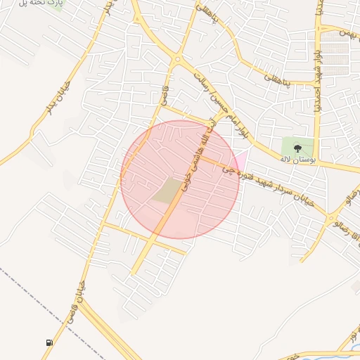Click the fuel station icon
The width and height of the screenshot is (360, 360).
click(49, 342)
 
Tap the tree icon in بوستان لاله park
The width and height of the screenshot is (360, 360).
click(297, 148)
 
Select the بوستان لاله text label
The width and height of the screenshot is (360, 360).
click(295, 160)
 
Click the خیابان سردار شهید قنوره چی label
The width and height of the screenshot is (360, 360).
click(274, 187)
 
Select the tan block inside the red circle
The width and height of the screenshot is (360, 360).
click(167, 191)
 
